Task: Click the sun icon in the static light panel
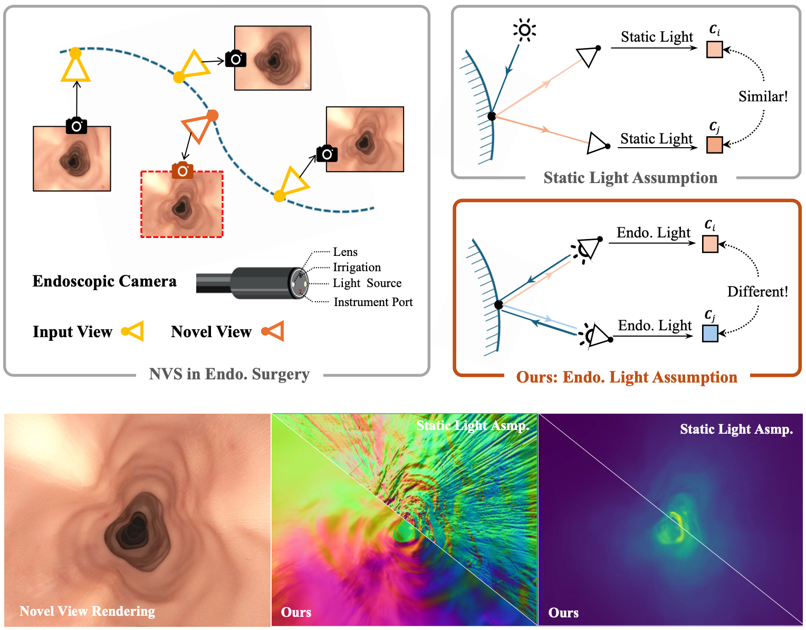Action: (x=524, y=30)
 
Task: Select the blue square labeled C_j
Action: (x=710, y=333)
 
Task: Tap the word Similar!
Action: (x=763, y=97)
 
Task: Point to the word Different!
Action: (x=757, y=292)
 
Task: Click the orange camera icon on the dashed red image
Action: (x=183, y=170)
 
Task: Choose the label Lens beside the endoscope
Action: (x=345, y=252)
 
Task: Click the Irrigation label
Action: (x=357, y=268)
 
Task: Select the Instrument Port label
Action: (x=373, y=302)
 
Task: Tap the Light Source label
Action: (x=367, y=283)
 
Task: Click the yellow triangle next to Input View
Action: (x=133, y=331)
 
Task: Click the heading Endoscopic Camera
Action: (x=104, y=281)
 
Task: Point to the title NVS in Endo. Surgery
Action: (x=229, y=374)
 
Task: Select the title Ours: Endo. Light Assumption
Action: (x=627, y=377)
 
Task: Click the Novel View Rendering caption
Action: (x=87, y=611)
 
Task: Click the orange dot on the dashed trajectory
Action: (x=213, y=115)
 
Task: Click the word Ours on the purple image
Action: (x=563, y=613)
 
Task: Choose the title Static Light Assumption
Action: (x=630, y=178)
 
